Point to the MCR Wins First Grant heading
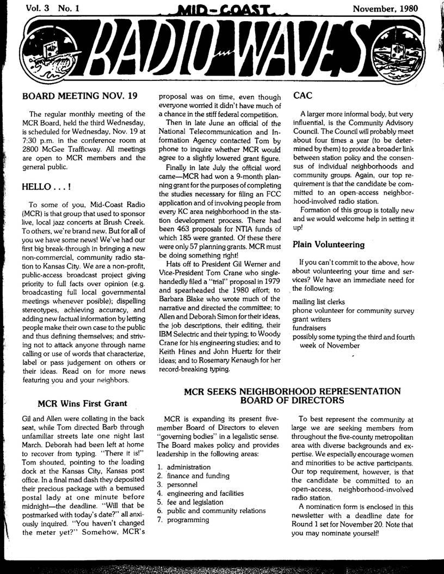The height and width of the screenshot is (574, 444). pyautogui.click(x=82, y=403)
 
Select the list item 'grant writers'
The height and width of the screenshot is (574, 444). pyautogui.click(x=312, y=319)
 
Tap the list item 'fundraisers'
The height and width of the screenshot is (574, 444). pyautogui.click(x=310, y=328)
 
